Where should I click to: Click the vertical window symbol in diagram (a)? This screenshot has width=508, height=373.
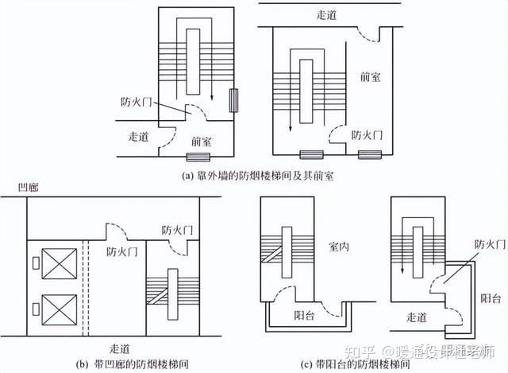(233, 99)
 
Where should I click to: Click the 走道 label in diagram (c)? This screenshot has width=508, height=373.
(414, 317)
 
